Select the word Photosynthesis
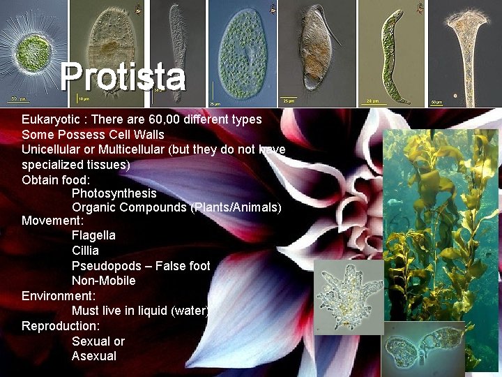(x=114, y=193)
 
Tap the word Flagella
(x=93, y=235)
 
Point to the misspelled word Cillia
(x=85, y=251)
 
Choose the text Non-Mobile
(x=103, y=281)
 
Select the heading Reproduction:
(x=61, y=326)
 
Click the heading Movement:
(x=52, y=221)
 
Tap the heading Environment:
(x=59, y=296)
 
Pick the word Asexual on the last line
(x=93, y=356)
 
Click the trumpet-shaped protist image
(x=464, y=49)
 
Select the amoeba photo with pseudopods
(x=349, y=296)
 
